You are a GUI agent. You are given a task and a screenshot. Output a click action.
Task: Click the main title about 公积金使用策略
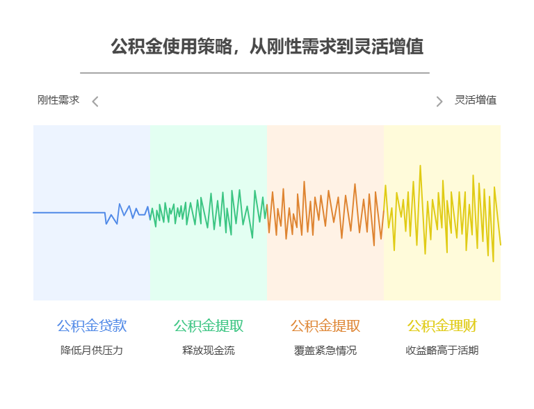point(267,47)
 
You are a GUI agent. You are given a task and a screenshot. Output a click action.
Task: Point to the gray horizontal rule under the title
point(254,72)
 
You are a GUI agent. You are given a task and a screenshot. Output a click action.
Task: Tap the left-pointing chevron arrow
point(95,102)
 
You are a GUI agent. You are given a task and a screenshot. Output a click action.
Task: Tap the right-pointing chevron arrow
point(439,102)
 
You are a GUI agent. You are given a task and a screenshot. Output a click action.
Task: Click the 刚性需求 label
point(58,100)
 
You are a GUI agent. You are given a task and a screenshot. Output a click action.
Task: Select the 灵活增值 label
point(476,100)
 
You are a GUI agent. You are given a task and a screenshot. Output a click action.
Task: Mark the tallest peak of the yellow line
point(420,167)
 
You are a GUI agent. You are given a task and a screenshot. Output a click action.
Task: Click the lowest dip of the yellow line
point(493,260)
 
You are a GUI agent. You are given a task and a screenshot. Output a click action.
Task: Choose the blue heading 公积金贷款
point(92,326)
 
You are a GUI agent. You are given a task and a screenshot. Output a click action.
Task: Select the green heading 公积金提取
point(209,326)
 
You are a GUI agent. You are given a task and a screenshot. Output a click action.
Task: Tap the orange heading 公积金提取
point(325,326)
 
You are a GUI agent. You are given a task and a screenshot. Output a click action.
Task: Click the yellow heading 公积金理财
point(442,326)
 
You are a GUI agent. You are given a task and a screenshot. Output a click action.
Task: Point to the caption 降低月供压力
point(92,351)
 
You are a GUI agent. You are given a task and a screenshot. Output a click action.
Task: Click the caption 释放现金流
point(209,351)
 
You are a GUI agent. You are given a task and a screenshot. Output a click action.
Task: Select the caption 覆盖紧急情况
point(325,351)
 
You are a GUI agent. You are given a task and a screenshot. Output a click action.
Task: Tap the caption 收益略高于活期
point(442,351)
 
